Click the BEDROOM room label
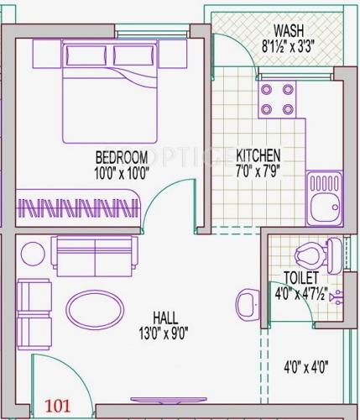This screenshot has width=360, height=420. [x=122, y=157]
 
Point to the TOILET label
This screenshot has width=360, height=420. [x=300, y=277]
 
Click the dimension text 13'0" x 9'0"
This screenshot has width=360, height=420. [x=164, y=331]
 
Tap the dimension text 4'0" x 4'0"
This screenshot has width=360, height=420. [x=305, y=366]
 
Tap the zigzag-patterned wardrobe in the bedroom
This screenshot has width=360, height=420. [x=76, y=207]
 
